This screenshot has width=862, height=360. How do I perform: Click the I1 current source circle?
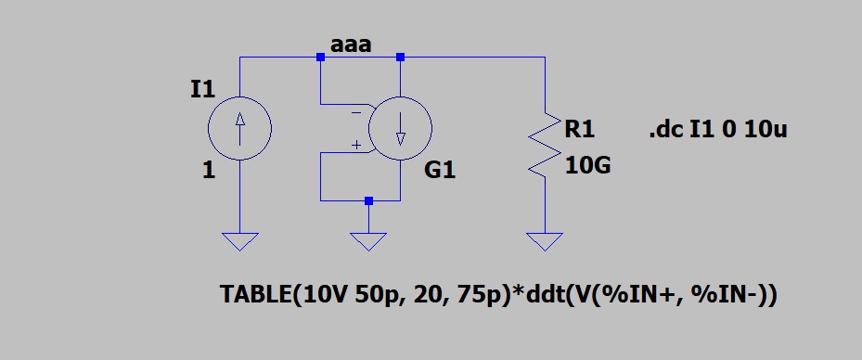(x=239, y=129)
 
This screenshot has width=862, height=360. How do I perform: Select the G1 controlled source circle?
(x=399, y=129)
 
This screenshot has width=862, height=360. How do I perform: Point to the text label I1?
(x=201, y=90)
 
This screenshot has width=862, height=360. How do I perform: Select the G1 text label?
(x=441, y=172)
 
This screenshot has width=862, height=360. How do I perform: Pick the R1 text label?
(x=580, y=130)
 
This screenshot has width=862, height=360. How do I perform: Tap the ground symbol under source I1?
(x=240, y=241)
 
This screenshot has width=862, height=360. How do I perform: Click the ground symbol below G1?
(x=369, y=241)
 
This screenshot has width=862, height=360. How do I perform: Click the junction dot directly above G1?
(x=400, y=58)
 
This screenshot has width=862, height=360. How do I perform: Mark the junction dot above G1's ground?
(x=369, y=200)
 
